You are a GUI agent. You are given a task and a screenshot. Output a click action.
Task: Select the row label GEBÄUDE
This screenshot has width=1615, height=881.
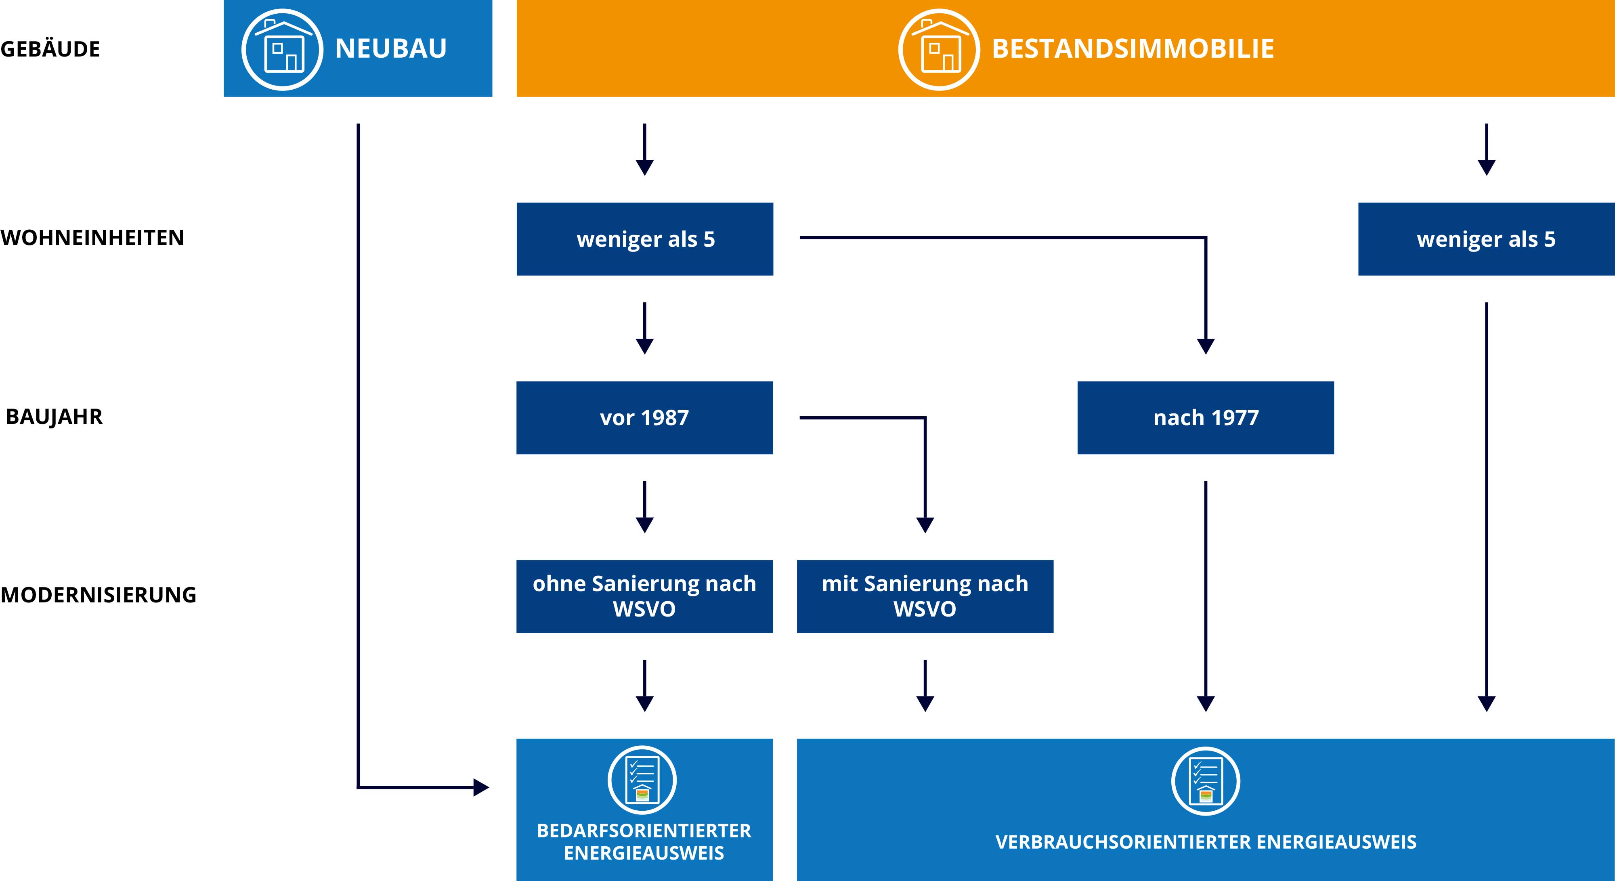coord(50,49)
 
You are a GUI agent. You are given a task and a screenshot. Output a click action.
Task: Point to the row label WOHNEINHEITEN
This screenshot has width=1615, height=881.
coord(92,238)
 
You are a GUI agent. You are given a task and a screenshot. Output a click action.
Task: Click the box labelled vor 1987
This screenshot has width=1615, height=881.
coord(644,417)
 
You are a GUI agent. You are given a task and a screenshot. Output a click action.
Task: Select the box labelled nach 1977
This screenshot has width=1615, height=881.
coord(1206,417)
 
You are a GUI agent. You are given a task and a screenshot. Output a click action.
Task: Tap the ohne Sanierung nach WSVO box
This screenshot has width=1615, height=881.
coord(644,596)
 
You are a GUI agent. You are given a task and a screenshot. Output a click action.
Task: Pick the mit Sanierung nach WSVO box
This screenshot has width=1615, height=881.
coord(925,596)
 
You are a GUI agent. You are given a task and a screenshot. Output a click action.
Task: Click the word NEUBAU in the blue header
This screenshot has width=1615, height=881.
coord(390,49)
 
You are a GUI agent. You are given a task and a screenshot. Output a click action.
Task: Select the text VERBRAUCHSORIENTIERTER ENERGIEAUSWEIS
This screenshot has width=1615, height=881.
coord(1206,841)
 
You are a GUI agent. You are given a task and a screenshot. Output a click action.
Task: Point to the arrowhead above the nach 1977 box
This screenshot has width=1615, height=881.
coord(1206,346)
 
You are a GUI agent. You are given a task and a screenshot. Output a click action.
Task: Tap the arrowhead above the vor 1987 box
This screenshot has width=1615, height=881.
coord(644,346)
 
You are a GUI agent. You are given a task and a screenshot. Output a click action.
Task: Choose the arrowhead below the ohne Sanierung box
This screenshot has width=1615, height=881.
coord(644,703)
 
